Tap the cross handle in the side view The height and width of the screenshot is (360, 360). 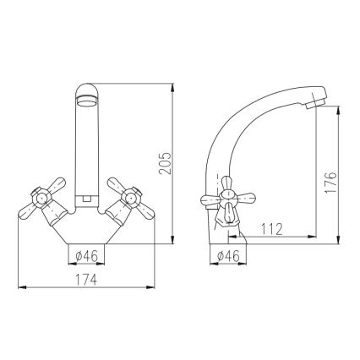(x=223, y=201)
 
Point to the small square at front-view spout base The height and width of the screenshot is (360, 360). (x=89, y=200)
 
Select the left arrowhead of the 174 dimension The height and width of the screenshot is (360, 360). (x=20, y=287)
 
